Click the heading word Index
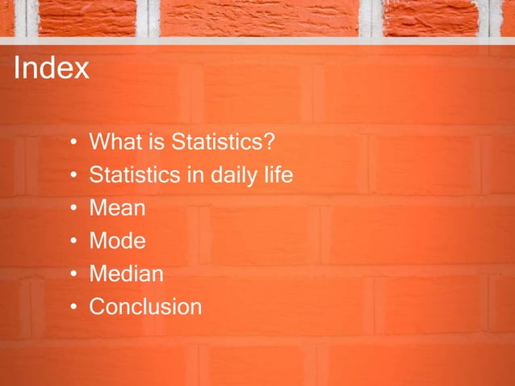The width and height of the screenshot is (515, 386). click(x=51, y=68)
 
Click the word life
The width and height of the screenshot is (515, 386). click(x=278, y=175)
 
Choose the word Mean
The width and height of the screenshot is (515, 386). click(x=117, y=208)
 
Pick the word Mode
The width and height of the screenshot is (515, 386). click(x=117, y=241)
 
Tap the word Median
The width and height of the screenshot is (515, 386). click(x=126, y=275)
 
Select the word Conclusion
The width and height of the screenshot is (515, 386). click(x=145, y=307)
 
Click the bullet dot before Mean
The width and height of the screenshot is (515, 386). click(x=73, y=209)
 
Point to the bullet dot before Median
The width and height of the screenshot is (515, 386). click(x=73, y=275)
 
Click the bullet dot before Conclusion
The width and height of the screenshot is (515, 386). click(x=73, y=308)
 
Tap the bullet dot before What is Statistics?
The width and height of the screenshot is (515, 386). click(x=73, y=144)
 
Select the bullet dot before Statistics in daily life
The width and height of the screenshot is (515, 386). click(x=73, y=176)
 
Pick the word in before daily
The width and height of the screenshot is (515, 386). click(x=195, y=175)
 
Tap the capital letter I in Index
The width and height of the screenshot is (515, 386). click(x=17, y=68)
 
